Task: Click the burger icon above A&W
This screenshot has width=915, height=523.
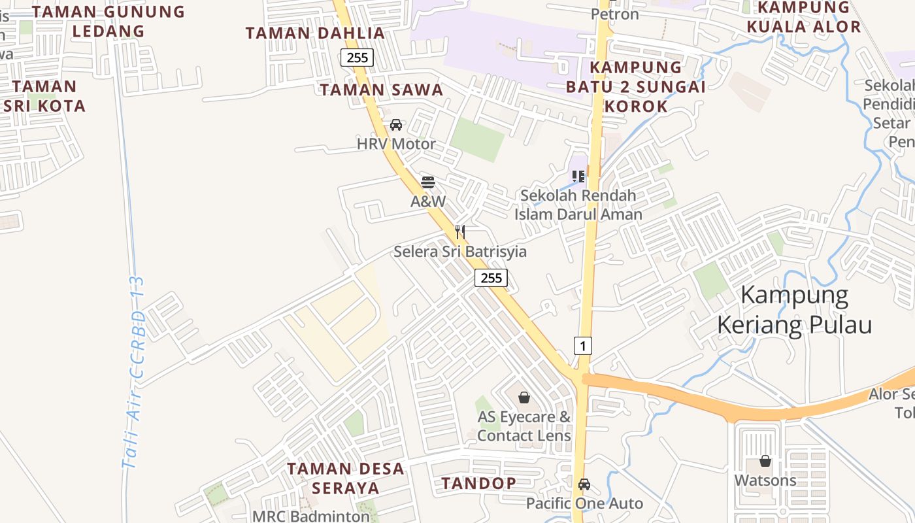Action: (428, 182)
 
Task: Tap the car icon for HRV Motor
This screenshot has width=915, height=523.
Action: (396, 125)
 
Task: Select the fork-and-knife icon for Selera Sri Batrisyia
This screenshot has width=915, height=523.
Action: (460, 231)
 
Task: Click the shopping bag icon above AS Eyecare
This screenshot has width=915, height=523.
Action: (524, 397)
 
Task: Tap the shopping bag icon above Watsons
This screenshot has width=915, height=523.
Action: (765, 461)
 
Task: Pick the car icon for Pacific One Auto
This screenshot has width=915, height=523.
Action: (584, 484)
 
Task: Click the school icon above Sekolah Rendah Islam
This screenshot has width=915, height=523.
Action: (578, 176)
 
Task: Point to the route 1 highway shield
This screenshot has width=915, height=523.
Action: (582, 345)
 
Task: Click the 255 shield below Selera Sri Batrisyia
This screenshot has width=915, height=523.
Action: (491, 278)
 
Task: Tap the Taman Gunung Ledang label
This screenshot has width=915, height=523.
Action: (108, 21)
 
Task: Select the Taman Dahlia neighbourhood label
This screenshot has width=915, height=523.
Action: (315, 33)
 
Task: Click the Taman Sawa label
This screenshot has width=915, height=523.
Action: (382, 90)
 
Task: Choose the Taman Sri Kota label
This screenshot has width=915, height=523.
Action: (44, 96)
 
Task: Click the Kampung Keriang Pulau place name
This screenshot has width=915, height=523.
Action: (795, 310)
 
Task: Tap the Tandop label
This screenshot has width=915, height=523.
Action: (479, 483)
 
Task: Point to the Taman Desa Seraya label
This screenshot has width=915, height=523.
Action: (346, 478)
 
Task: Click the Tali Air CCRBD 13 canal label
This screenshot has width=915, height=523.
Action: (135, 373)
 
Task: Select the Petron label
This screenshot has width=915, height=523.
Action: (615, 14)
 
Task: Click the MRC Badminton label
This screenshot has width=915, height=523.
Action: (311, 516)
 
